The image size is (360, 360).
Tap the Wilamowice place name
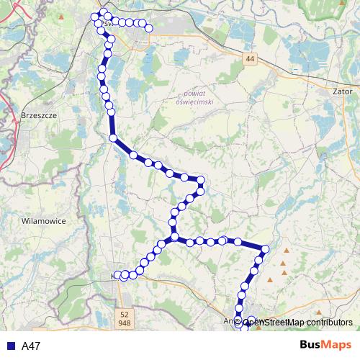(43, 221)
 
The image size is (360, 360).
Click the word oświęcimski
(196, 102)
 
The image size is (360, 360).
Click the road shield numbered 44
(250, 59)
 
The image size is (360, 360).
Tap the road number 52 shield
(125, 315)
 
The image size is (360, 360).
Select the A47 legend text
(31, 346)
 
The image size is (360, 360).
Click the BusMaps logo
(325, 345)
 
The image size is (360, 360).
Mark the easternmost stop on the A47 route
(265, 249)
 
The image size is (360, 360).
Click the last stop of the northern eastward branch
(150, 29)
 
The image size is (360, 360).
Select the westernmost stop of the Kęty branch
(118, 276)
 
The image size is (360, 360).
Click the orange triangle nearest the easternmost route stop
(287, 251)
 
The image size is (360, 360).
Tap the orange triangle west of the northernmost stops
(61, 15)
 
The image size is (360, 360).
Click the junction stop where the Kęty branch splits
(174, 237)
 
